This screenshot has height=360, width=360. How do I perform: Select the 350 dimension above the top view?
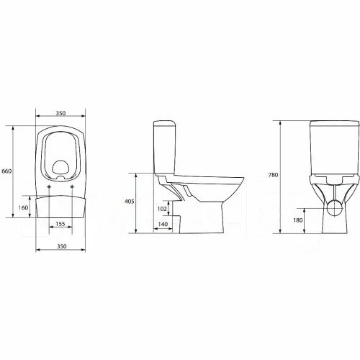[60, 114]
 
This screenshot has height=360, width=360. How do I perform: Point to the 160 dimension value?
[22, 207]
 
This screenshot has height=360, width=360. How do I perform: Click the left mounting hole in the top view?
[48, 188]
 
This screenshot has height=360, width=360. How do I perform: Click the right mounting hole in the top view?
[73, 188]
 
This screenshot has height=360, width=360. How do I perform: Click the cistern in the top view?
[60, 206]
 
